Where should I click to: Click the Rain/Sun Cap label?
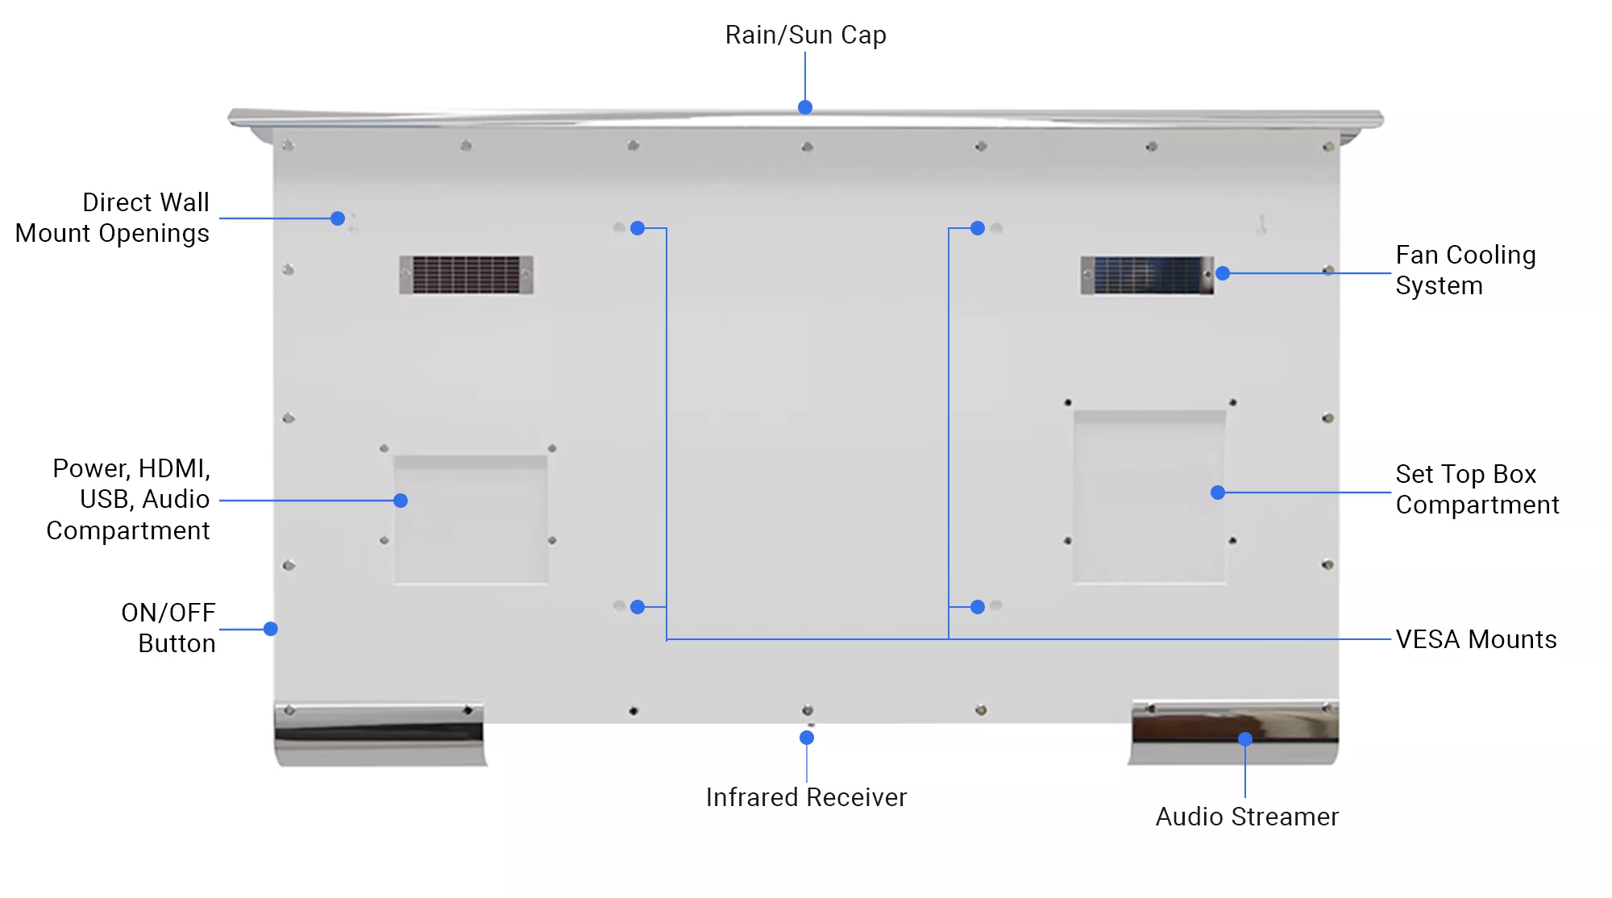(x=805, y=35)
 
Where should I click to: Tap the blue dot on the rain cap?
(x=804, y=107)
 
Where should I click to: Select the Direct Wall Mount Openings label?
(x=113, y=218)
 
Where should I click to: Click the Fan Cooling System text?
(x=1465, y=270)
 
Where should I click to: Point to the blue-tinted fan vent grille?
(x=1147, y=276)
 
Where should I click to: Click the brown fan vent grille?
(x=466, y=275)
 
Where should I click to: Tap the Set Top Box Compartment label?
(x=1477, y=489)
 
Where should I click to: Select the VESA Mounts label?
(x=1476, y=639)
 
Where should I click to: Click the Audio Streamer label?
(x=1246, y=817)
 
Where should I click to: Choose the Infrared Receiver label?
(x=806, y=797)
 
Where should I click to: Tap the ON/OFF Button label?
(x=168, y=628)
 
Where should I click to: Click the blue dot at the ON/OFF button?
(x=271, y=629)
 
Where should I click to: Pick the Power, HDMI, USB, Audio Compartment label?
(x=129, y=500)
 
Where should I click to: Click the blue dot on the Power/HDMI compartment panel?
(x=401, y=501)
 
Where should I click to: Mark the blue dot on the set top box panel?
(x=1218, y=493)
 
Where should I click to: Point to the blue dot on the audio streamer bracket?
(x=1245, y=739)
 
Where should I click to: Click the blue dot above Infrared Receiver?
(x=807, y=738)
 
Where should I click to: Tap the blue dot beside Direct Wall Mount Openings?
(x=338, y=218)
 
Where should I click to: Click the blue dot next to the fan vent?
(x=1223, y=273)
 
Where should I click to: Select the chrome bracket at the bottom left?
(x=380, y=734)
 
